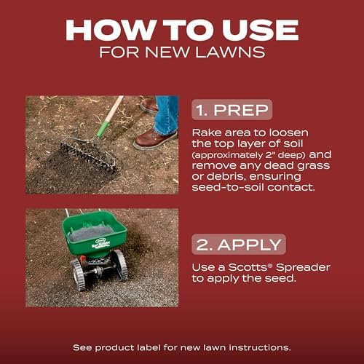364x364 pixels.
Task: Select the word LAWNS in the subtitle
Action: pos(230,52)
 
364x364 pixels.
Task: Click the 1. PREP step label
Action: pos(232,110)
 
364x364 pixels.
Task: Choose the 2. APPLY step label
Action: pos(239,245)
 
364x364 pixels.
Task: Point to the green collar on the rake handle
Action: pos(103,130)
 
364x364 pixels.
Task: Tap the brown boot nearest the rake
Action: pos(156,139)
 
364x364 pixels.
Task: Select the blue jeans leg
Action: pos(167,115)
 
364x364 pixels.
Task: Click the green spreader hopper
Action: pos(94,234)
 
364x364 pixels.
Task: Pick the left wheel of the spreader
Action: pos(79,275)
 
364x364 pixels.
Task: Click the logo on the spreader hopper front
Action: pos(100,243)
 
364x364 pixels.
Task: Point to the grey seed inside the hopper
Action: pos(90,233)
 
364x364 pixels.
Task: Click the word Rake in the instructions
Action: pos(207,132)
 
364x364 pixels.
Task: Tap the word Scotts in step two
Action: pos(248,267)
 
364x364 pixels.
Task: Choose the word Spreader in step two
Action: pos(303,267)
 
